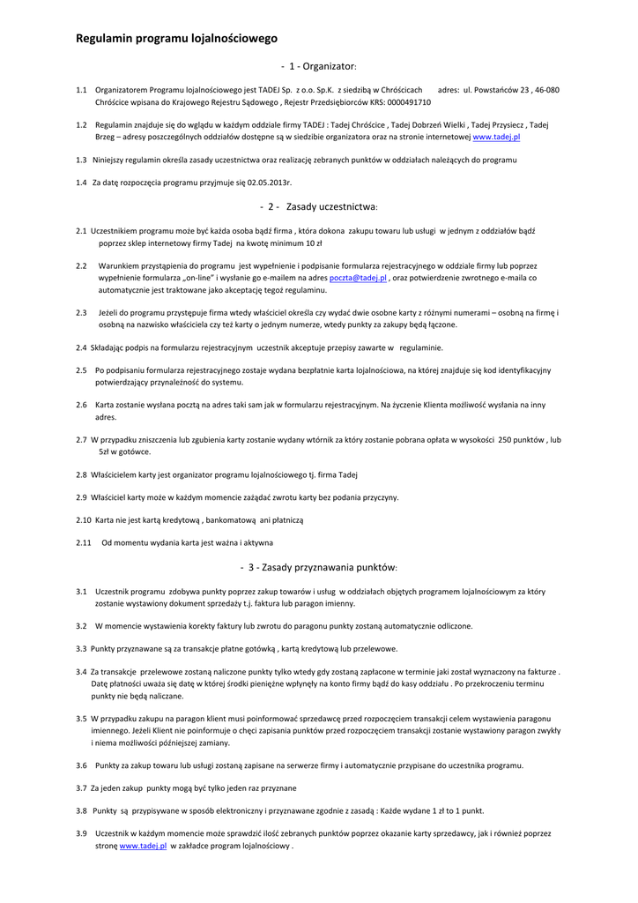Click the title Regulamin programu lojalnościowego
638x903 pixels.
click(176, 39)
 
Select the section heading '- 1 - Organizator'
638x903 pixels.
click(318, 66)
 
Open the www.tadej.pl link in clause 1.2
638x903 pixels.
click(497, 138)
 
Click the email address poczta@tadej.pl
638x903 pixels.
click(358, 278)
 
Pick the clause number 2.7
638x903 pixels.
click(81, 439)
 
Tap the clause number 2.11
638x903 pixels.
click(84, 543)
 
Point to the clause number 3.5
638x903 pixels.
click(81, 719)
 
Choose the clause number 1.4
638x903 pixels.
click(81, 183)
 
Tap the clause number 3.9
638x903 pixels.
click(81, 833)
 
